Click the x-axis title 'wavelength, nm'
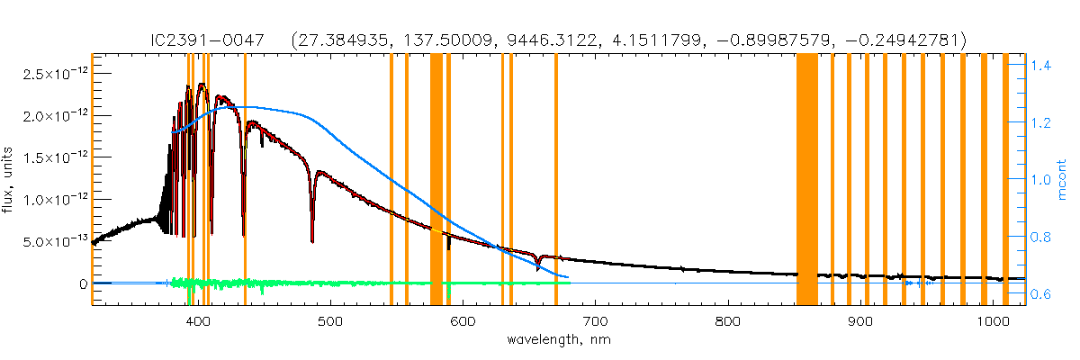point(558,342)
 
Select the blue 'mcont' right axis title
point(1066,180)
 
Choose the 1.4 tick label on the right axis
point(1042,66)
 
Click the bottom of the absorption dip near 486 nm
point(312,240)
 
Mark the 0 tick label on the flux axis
point(82,284)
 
